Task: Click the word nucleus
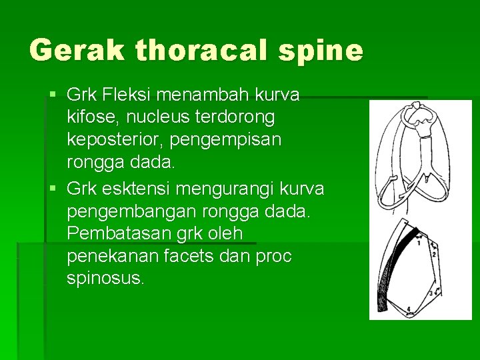(156, 118)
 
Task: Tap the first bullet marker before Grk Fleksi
(53, 95)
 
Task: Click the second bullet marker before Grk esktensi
(53, 189)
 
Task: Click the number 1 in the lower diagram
(418, 243)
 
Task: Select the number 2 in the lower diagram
(435, 254)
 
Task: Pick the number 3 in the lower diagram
(431, 293)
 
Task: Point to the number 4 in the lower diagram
(409, 308)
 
